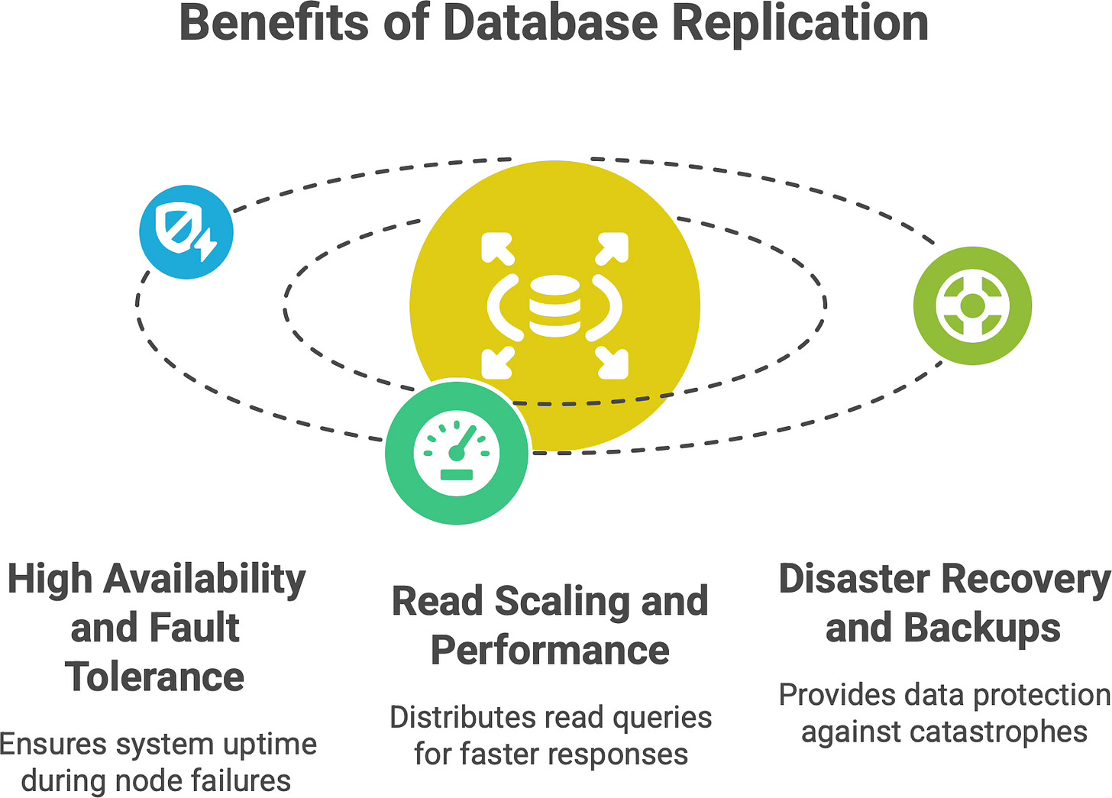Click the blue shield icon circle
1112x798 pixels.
pos(186,231)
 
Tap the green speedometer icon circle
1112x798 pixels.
pos(457,453)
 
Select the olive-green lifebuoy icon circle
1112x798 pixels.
pos(972,305)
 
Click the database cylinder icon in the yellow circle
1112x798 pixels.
pos(554,305)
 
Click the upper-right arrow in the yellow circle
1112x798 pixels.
pos(612,249)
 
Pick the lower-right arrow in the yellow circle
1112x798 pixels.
pos(612,363)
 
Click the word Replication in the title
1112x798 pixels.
pos(800,23)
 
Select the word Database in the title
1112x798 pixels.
pos(550,23)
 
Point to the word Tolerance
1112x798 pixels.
pos(155,677)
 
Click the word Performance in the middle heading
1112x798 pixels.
pos(550,651)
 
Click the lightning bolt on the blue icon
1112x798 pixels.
pos(206,246)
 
